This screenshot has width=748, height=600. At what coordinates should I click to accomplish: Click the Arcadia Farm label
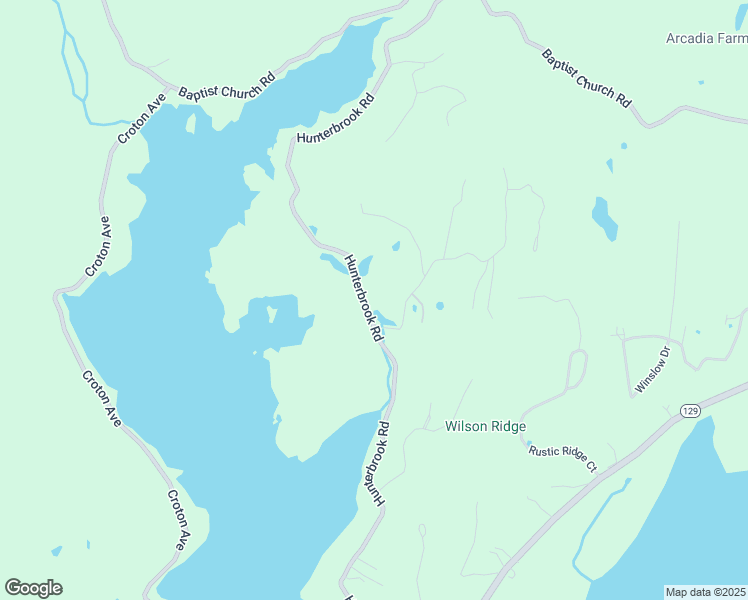pyautogui.click(x=706, y=39)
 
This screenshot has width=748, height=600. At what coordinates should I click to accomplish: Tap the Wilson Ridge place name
pyautogui.click(x=485, y=426)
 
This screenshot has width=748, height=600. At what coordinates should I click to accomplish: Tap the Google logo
pyautogui.click(x=33, y=588)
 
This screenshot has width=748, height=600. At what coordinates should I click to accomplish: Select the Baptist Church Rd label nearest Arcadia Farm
pyautogui.click(x=587, y=78)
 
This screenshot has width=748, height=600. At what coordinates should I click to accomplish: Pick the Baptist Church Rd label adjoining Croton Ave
pyautogui.click(x=226, y=91)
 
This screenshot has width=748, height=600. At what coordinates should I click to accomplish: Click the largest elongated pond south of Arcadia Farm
pyautogui.click(x=604, y=218)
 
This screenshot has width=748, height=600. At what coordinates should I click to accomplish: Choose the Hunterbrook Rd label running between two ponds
pyautogui.click(x=363, y=298)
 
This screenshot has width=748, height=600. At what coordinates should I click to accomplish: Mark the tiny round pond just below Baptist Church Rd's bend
pyautogui.click(x=624, y=146)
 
